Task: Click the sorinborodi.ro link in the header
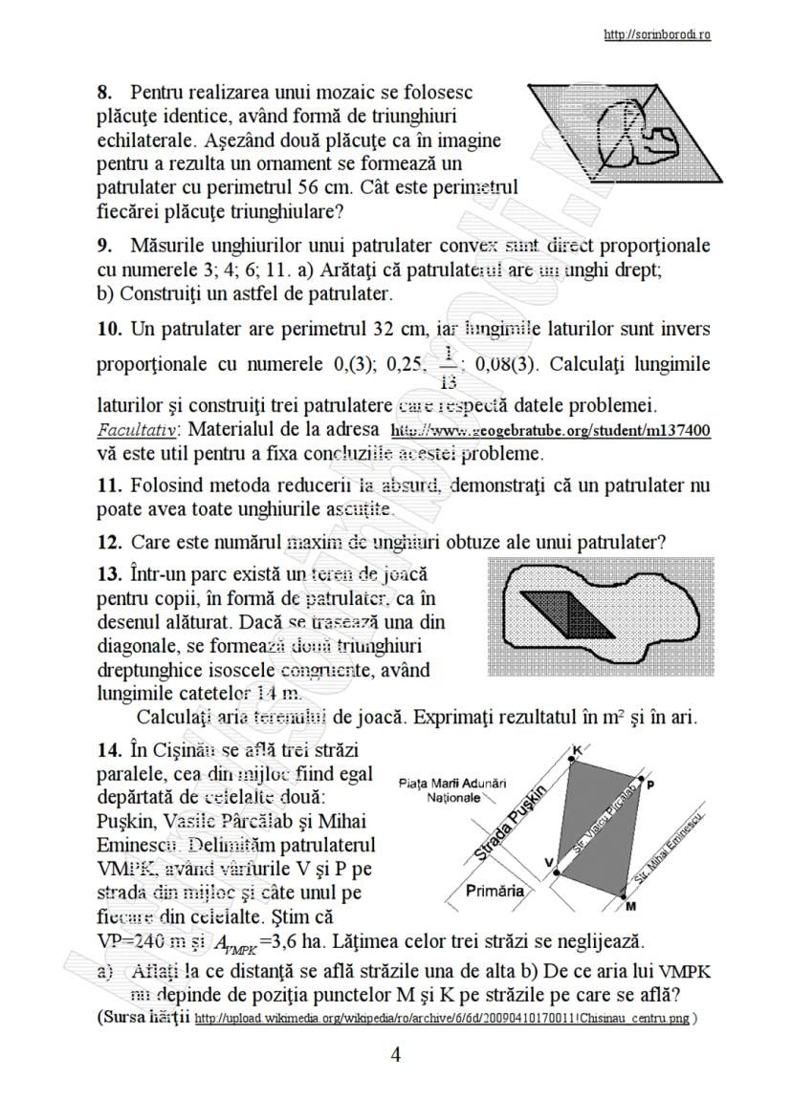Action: pyautogui.click(x=657, y=35)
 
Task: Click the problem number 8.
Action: pyautogui.click(x=105, y=94)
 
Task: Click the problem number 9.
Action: pyautogui.click(x=105, y=247)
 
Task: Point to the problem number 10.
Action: pyautogui.click(x=109, y=331)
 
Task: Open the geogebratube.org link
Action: pyautogui.click(x=551, y=431)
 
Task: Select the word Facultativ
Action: pyautogui.click(x=133, y=431)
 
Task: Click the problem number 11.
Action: pyautogui.click(x=109, y=485)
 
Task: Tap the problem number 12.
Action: pyautogui.click(x=109, y=542)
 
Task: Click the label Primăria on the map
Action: pyautogui.click(x=495, y=891)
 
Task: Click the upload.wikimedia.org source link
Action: pyautogui.click(x=441, y=1019)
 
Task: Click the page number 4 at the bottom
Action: pyautogui.click(x=396, y=1055)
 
